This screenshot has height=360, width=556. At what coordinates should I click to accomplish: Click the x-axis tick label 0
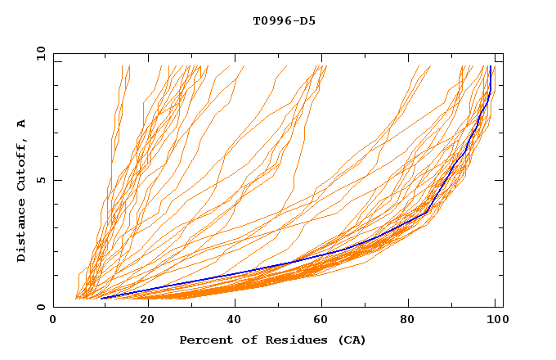click(53, 320)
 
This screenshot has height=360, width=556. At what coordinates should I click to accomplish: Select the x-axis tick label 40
click(235, 320)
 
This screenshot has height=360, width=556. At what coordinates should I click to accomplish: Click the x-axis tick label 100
click(496, 320)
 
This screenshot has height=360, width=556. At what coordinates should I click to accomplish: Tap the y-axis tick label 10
click(40, 55)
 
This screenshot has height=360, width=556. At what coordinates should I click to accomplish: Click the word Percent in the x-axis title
click(204, 340)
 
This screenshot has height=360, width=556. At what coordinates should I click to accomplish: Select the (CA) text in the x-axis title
click(350, 340)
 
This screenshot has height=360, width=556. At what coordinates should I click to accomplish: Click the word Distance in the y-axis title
click(22, 231)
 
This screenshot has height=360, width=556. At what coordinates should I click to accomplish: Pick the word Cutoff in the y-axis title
click(22, 164)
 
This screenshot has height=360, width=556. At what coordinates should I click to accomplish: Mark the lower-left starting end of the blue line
click(101, 298)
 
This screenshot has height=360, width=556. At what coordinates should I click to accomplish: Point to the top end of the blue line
click(490, 66)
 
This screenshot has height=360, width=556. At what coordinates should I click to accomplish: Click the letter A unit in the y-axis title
click(22, 124)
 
